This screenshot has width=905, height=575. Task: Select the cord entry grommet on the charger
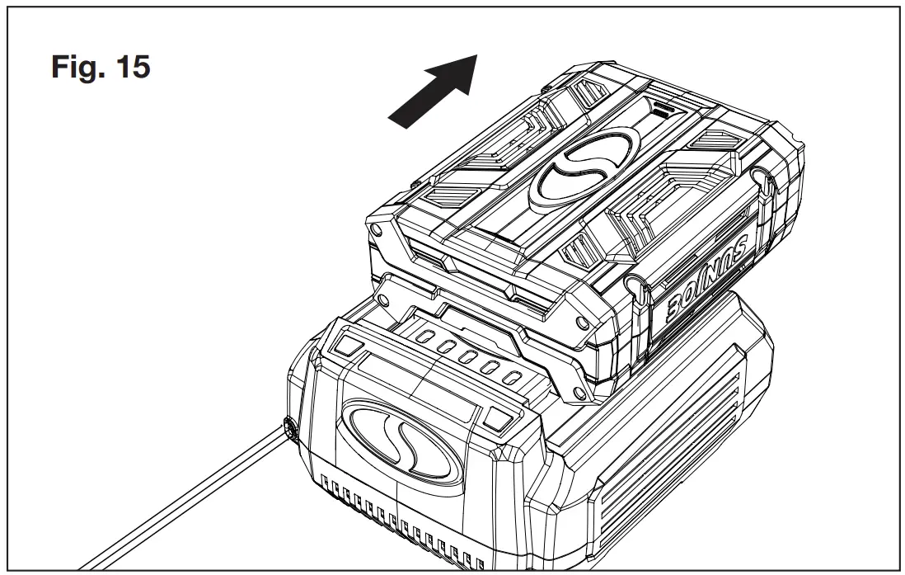289,428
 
